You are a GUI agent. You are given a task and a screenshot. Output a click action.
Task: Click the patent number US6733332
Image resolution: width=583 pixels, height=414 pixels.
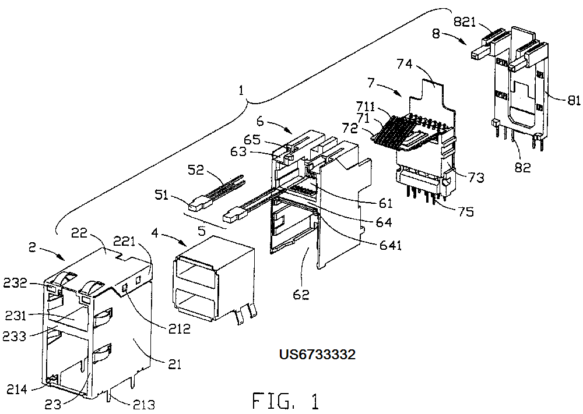pyautogui.click(x=317, y=354)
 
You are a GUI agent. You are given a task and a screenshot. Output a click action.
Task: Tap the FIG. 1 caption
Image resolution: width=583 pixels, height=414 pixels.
pyautogui.click(x=286, y=401)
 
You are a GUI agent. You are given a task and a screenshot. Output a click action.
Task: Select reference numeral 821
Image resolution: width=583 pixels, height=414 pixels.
pyautogui.click(x=465, y=22)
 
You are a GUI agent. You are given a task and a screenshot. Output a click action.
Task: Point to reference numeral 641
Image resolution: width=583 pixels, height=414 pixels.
pyautogui.click(x=390, y=245)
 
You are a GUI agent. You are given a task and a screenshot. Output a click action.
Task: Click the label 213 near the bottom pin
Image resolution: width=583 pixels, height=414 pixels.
pyautogui.click(x=143, y=404)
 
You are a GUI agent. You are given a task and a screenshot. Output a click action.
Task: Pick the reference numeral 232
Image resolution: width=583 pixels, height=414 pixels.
pyautogui.click(x=16, y=283)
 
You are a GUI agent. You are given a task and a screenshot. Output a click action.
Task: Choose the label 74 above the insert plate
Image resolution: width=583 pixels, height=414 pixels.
pyautogui.click(x=405, y=64)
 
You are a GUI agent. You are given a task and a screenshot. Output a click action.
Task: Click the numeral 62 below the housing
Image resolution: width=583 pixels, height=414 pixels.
pyautogui.click(x=301, y=294)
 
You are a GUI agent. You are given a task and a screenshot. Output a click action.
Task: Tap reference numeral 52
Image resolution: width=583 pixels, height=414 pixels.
pyautogui.click(x=196, y=169)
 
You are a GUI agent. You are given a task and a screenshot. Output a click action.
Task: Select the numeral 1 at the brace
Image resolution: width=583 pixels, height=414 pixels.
pyautogui.click(x=242, y=90)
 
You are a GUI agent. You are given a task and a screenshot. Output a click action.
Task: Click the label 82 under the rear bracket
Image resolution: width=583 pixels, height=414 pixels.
pyautogui.click(x=522, y=168)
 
